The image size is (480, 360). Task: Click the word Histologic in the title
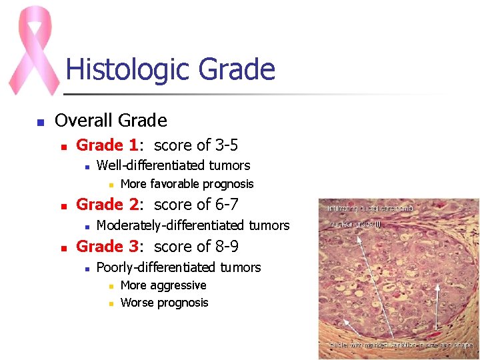pos(118,69)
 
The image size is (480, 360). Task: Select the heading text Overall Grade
pos(111,121)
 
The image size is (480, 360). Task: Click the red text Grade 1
pos(108,145)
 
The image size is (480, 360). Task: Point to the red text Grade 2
pos(108,204)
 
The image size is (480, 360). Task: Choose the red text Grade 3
pos(108,246)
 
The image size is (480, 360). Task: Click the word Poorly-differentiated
pos(150,267)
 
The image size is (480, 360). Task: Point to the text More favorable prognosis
pos(187,184)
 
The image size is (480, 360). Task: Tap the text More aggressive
pos(163,285)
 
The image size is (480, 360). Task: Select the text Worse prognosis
pos(164,303)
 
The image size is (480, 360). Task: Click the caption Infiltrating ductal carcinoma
pos(371,208)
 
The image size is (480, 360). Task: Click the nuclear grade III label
pos(355,224)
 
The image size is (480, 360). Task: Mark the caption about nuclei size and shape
pos(401,345)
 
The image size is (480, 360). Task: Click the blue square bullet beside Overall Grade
pos(40,122)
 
